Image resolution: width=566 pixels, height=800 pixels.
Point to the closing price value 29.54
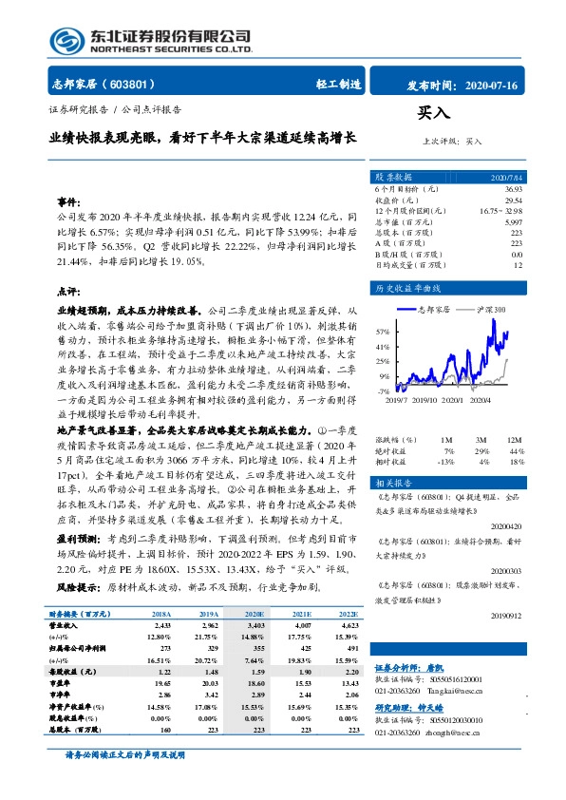point(513,200)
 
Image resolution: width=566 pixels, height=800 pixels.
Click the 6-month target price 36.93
point(513,191)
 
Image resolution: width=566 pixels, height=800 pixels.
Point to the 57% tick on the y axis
point(382,333)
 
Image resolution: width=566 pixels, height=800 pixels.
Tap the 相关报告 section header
point(393,483)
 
